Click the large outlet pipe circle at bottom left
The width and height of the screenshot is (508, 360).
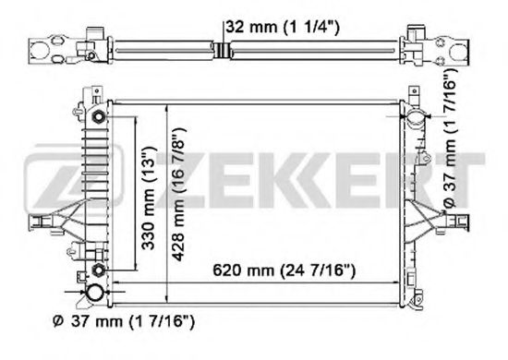click(x=95, y=294)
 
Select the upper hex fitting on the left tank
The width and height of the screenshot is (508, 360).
click(x=99, y=118)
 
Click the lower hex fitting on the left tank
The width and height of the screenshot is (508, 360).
click(x=98, y=269)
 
